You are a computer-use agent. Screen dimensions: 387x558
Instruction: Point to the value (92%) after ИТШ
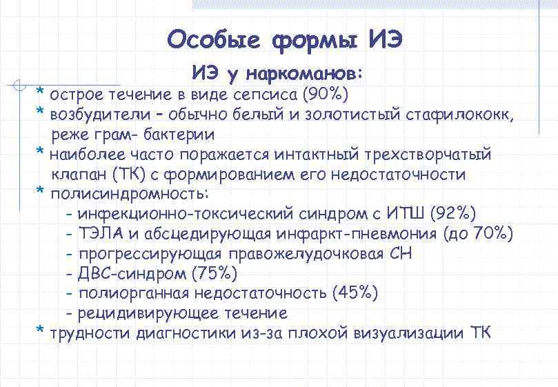(451, 215)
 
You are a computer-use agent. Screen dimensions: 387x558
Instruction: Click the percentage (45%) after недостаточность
(355, 294)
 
